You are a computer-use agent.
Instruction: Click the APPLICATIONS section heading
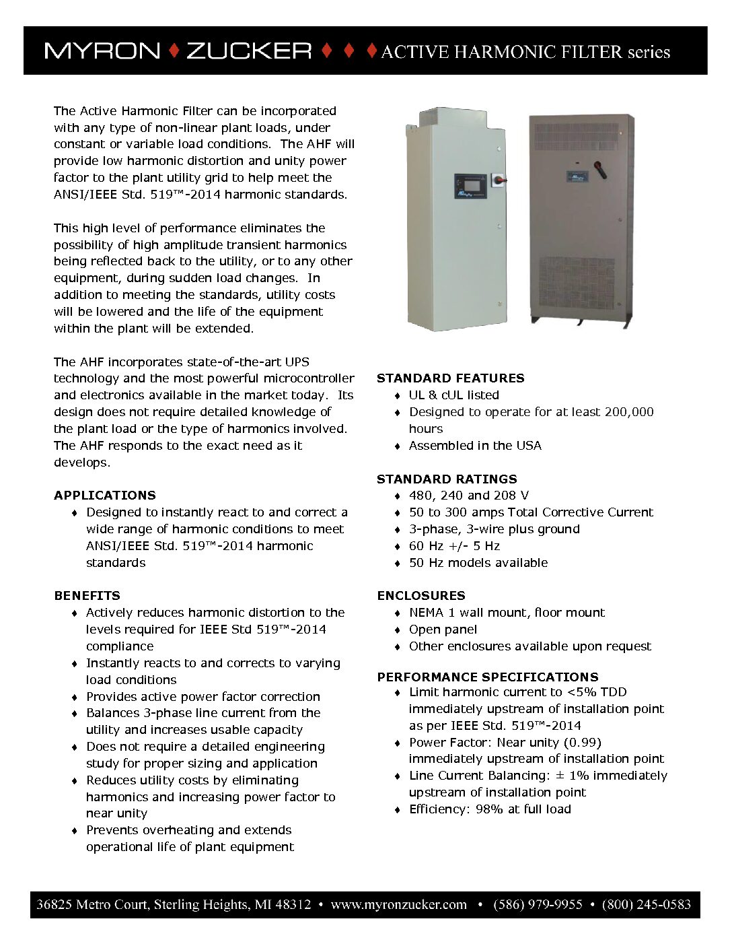105,496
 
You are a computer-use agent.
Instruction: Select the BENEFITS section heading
87,596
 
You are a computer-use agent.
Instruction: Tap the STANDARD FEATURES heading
450,378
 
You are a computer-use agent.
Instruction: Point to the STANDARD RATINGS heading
447,479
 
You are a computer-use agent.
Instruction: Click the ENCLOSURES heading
421,596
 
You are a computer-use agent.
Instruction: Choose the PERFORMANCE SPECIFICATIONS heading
488,677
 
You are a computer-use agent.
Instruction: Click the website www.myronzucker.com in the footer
398,904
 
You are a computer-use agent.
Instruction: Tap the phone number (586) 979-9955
538,904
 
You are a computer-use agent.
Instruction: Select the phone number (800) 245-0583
646,904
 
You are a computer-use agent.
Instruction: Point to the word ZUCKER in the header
248,51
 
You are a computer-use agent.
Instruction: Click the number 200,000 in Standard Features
626,412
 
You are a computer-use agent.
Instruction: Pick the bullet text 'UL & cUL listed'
454,395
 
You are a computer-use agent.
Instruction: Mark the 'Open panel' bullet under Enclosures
443,630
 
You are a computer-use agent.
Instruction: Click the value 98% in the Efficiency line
490,809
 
